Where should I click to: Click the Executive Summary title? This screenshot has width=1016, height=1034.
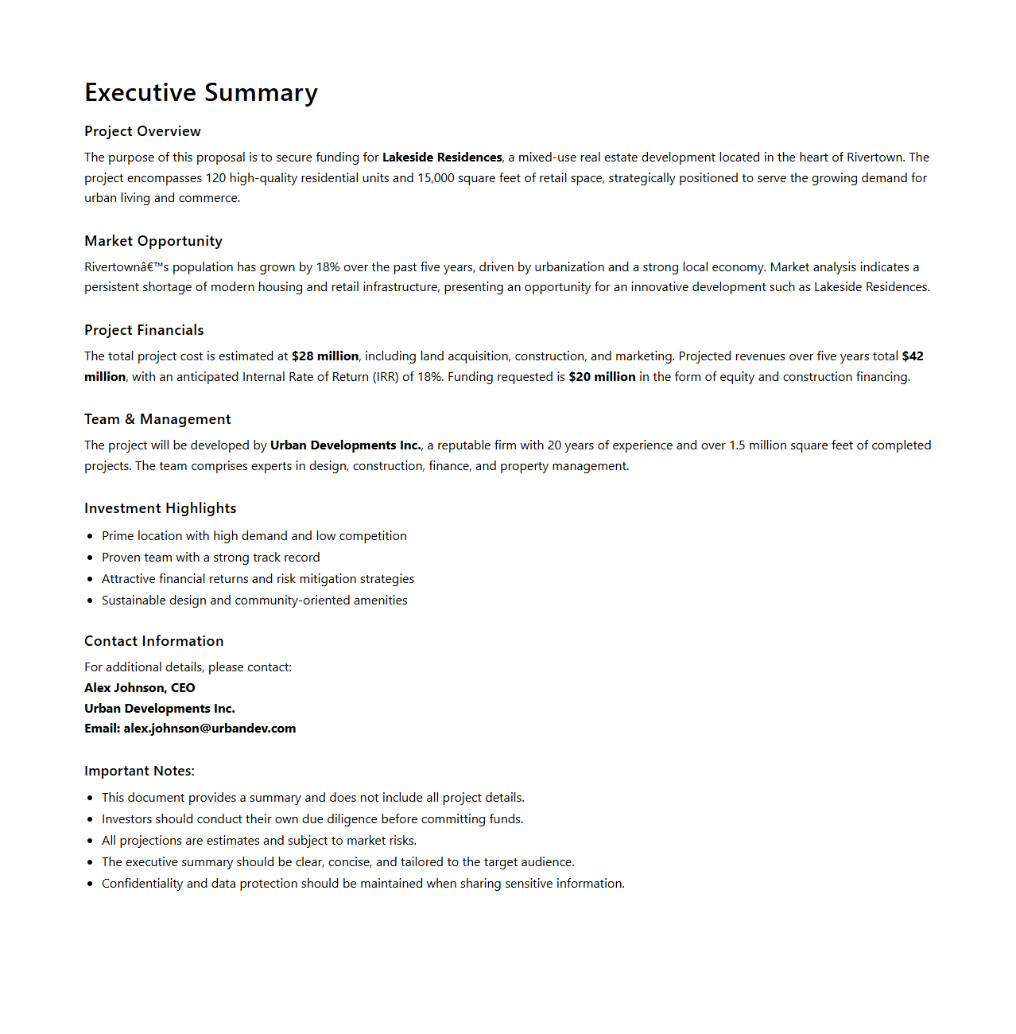click(201, 93)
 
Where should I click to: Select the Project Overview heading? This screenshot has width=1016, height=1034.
click(142, 131)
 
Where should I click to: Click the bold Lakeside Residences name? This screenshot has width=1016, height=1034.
click(442, 157)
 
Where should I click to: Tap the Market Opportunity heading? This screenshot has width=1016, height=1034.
click(153, 241)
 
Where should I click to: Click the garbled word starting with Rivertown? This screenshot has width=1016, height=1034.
click(126, 267)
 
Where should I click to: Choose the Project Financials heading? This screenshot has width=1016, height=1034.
click(144, 330)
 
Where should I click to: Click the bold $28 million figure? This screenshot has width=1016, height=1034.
click(325, 356)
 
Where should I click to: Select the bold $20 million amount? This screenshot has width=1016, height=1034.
click(602, 377)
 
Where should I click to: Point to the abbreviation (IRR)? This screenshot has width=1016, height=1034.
click(386, 377)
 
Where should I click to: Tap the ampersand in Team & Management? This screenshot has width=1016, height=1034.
click(130, 419)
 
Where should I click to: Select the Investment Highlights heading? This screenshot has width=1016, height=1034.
click(161, 508)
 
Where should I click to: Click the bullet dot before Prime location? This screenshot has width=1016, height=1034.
click(91, 537)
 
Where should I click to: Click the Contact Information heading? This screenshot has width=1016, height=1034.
click(154, 641)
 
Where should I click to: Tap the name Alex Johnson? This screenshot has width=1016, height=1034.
click(124, 688)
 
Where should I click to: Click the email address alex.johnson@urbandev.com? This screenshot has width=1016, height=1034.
click(209, 729)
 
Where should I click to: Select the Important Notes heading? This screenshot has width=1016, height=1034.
click(139, 771)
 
